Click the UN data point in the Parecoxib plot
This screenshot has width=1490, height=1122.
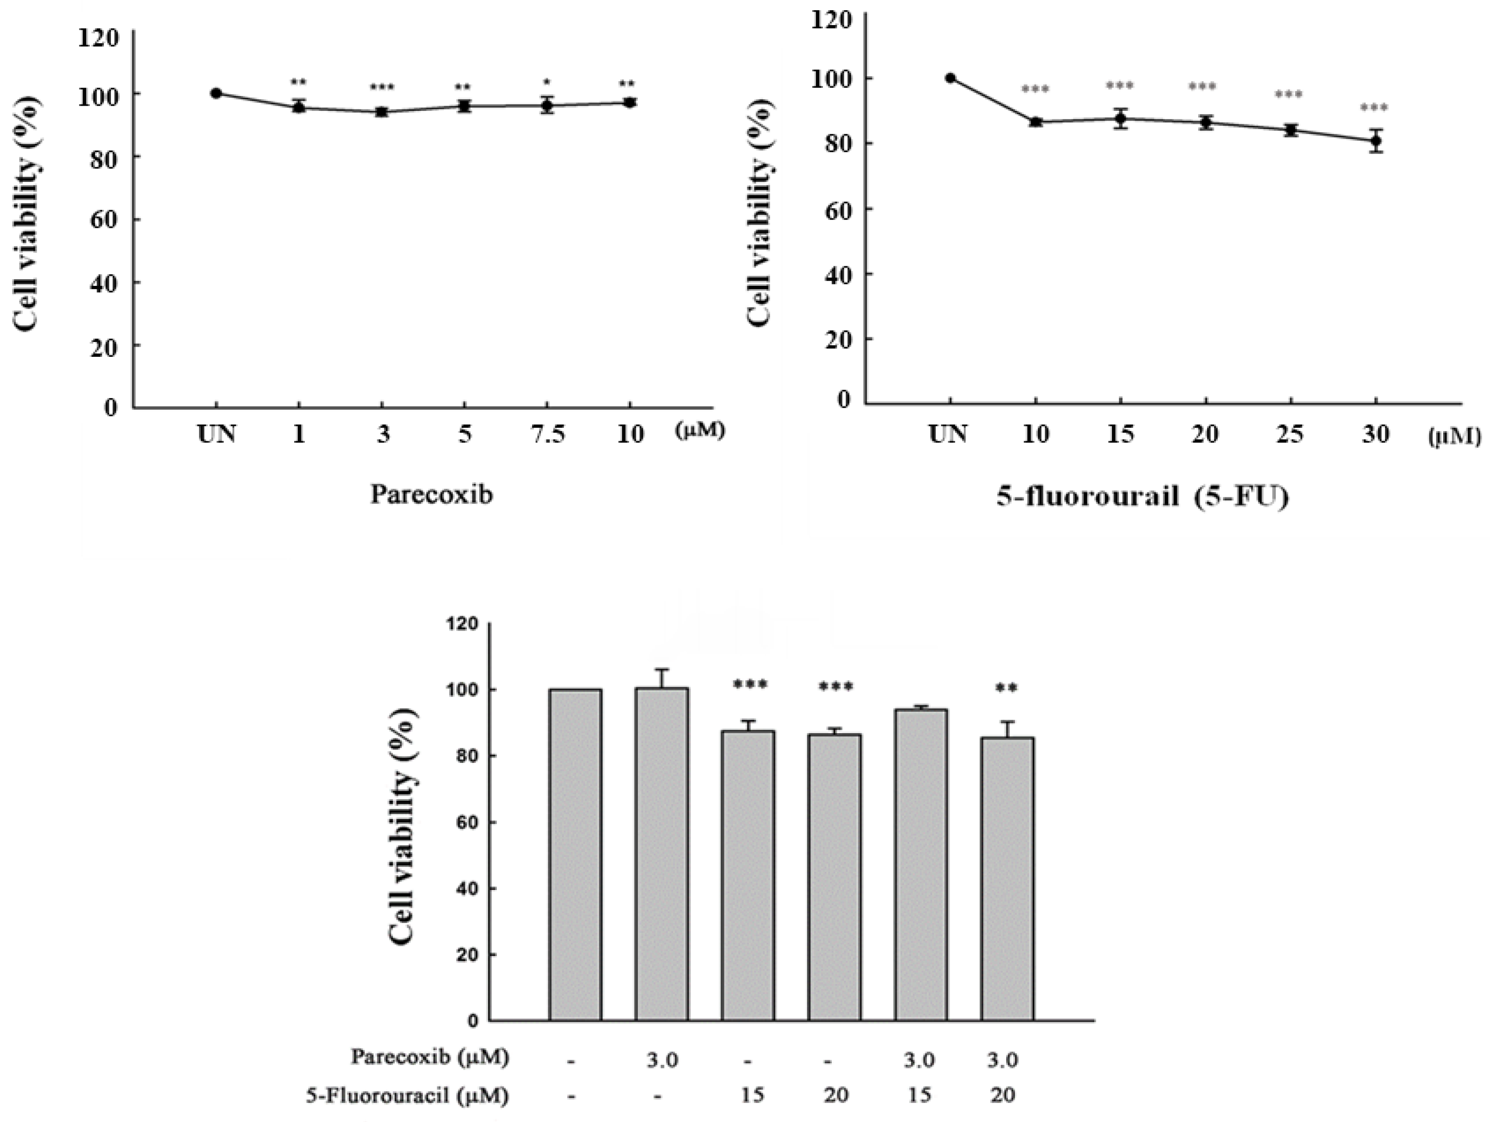pyautogui.click(x=216, y=93)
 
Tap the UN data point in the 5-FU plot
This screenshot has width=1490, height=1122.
pyautogui.click(x=950, y=78)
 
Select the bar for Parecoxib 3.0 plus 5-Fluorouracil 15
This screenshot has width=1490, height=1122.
pyautogui.click(x=921, y=865)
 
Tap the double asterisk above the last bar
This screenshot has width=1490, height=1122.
pyautogui.click(x=1007, y=688)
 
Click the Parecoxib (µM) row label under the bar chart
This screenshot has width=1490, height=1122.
pyautogui.click(x=430, y=1057)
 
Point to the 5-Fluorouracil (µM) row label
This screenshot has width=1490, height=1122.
pyautogui.click(x=407, y=1096)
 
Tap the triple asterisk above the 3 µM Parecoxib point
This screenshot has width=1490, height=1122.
pyautogui.click(x=382, y=88)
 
